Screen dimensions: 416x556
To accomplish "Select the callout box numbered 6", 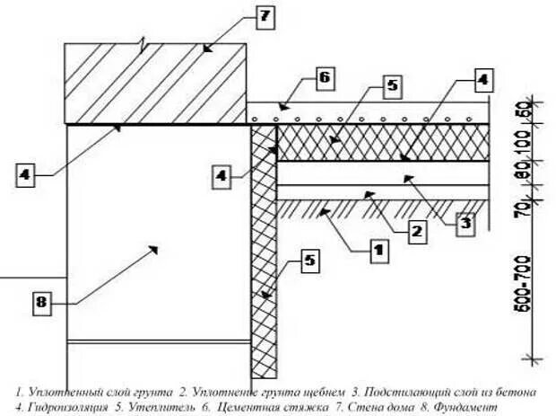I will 324,78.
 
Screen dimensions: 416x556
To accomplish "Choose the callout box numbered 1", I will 378,251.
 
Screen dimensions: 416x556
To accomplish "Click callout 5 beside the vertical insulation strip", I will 308,261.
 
